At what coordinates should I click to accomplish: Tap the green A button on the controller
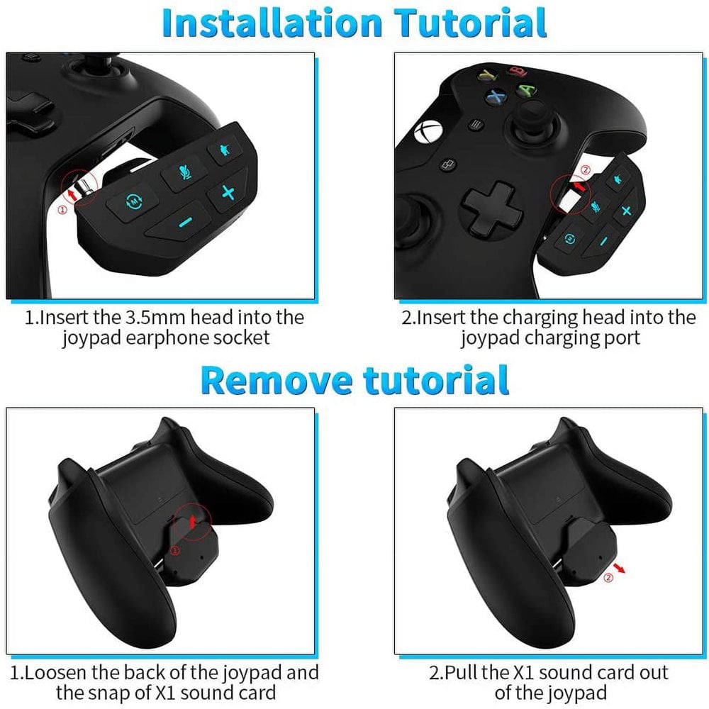[x=525, y=91]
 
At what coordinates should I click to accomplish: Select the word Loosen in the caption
[x=57, y=671]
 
